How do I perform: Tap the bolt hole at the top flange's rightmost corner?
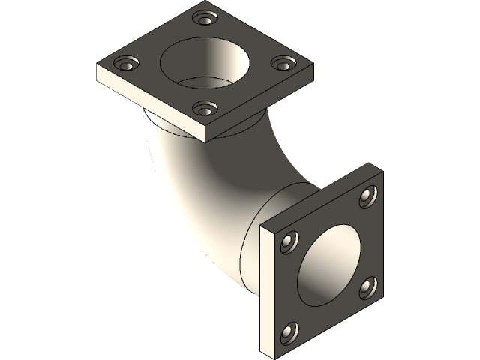pyautogui.click(x=281, y=64)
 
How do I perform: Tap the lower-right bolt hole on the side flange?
pyautogui.click(x=367, y=285)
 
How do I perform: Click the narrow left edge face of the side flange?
pyautogui.click(x=266, y=292)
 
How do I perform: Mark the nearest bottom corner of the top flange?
pyautogui.click(x=205, y=141)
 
